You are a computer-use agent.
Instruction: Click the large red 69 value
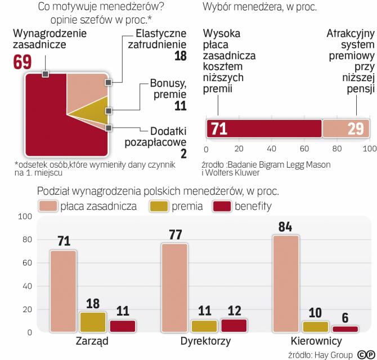click(23, 62)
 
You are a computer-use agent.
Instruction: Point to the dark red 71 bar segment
click(263, 129)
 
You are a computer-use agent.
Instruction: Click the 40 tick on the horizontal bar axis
click(272, 149)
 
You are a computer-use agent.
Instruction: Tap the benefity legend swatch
click(223, 206)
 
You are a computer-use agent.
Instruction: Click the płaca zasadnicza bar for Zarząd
click(64, 291)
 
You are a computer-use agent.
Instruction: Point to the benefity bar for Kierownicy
click(344, 329)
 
